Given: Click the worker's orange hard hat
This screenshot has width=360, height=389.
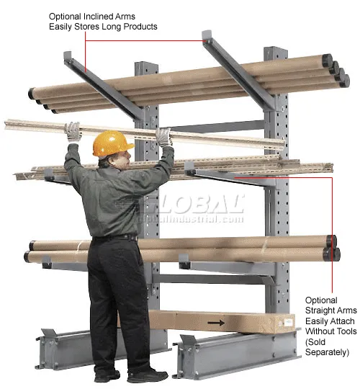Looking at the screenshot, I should (x=113, y=142).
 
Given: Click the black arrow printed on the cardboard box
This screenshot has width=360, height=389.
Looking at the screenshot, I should (x=216, y=323).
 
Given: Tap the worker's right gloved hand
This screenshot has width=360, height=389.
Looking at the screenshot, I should (x=165, y=136).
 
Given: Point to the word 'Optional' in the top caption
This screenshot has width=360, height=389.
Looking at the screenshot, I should (x=66, y=15).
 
